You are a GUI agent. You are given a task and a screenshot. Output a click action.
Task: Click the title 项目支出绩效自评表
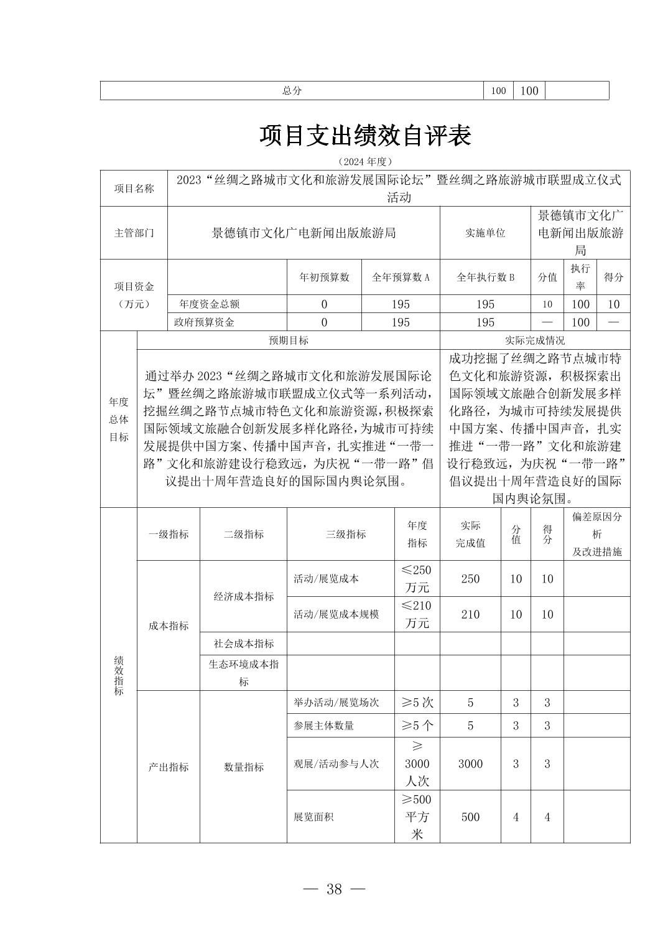[x=365, y=136]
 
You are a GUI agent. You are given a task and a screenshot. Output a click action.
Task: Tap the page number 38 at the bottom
[x=334, y=889]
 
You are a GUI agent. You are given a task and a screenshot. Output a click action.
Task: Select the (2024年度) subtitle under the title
[x=365, y=162]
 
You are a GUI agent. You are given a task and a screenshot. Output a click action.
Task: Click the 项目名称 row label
[x=134, y=188]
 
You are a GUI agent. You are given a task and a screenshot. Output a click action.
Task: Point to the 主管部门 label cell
[x=134, y=233]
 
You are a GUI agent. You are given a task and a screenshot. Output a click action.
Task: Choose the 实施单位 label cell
[x=485, y=233]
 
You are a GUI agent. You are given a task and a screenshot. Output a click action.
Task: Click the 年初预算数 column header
[x=324, y=278]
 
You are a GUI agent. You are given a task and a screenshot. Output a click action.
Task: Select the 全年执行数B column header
[x=485, y=278]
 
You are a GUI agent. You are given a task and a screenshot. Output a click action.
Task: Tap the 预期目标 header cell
[x=288, y=340]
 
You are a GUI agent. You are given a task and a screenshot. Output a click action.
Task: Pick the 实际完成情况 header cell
[x=535, y=340]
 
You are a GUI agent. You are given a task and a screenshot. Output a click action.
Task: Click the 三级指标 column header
[x=346, y=534]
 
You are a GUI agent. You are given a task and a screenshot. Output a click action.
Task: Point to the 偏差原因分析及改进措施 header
[x=596, y=534]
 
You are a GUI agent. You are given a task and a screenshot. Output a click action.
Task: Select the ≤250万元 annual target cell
[x=417, y=579]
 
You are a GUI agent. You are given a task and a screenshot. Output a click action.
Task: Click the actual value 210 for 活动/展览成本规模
[x=470, y=614]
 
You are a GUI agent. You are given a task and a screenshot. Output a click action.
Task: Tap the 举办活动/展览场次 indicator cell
[x=336, y=703]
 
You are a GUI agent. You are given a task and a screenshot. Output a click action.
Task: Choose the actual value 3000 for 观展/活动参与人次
[x=470, y=764]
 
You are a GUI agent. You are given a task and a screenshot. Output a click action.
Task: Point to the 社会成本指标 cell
[x=243, y=644]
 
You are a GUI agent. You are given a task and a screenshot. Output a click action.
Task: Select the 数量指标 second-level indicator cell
[x=243, y=767]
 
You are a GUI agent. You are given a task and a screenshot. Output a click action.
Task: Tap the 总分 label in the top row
[x=292, y=90]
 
